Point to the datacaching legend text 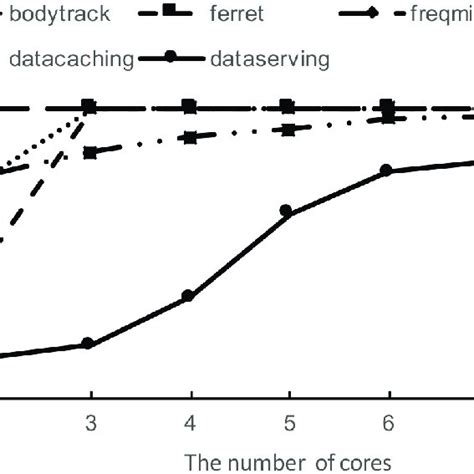71,59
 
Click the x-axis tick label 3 89,421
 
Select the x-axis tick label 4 188,421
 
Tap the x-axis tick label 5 287,421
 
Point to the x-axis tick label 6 386,421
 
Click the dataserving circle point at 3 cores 88,343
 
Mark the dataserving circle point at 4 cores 187,296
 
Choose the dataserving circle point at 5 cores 286,211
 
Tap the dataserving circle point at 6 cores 386,172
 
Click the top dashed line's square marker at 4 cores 188,105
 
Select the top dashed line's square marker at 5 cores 287,105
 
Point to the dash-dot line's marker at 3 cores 89,153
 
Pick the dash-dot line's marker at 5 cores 287,129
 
